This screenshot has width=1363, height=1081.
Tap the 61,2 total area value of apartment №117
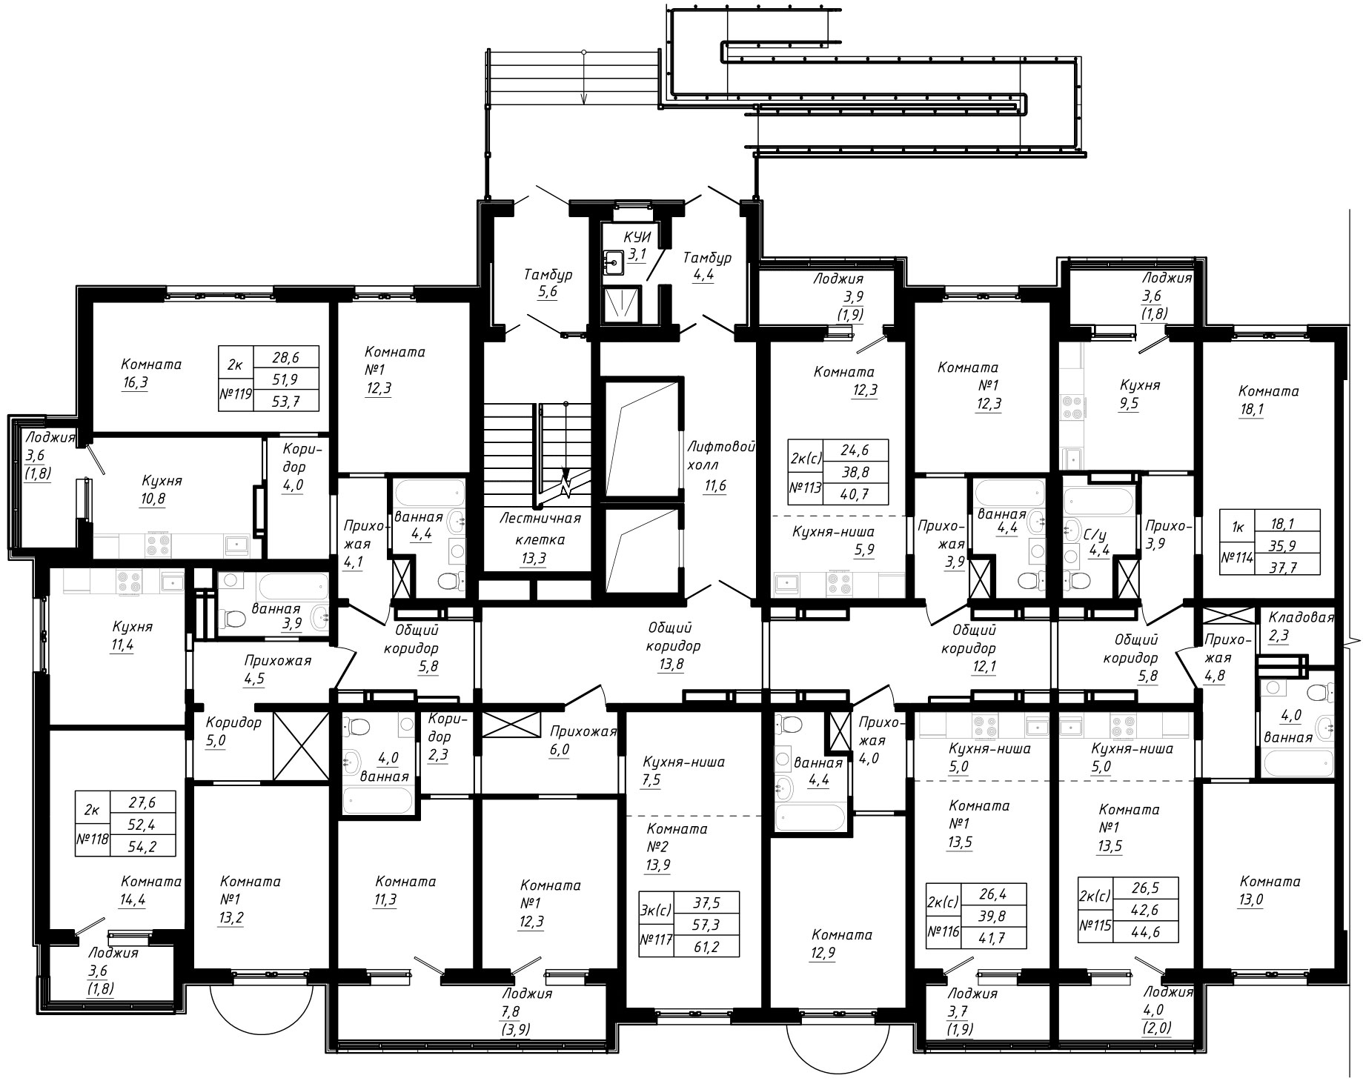(706, 945)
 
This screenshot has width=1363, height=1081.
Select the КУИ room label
(637, 238)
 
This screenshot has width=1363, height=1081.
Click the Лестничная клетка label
(540, 529)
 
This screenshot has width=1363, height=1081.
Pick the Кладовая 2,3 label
(1301, 626)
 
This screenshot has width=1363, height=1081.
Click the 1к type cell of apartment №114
(1237, 528)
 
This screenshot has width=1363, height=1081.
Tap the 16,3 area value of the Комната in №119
(135, 383)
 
